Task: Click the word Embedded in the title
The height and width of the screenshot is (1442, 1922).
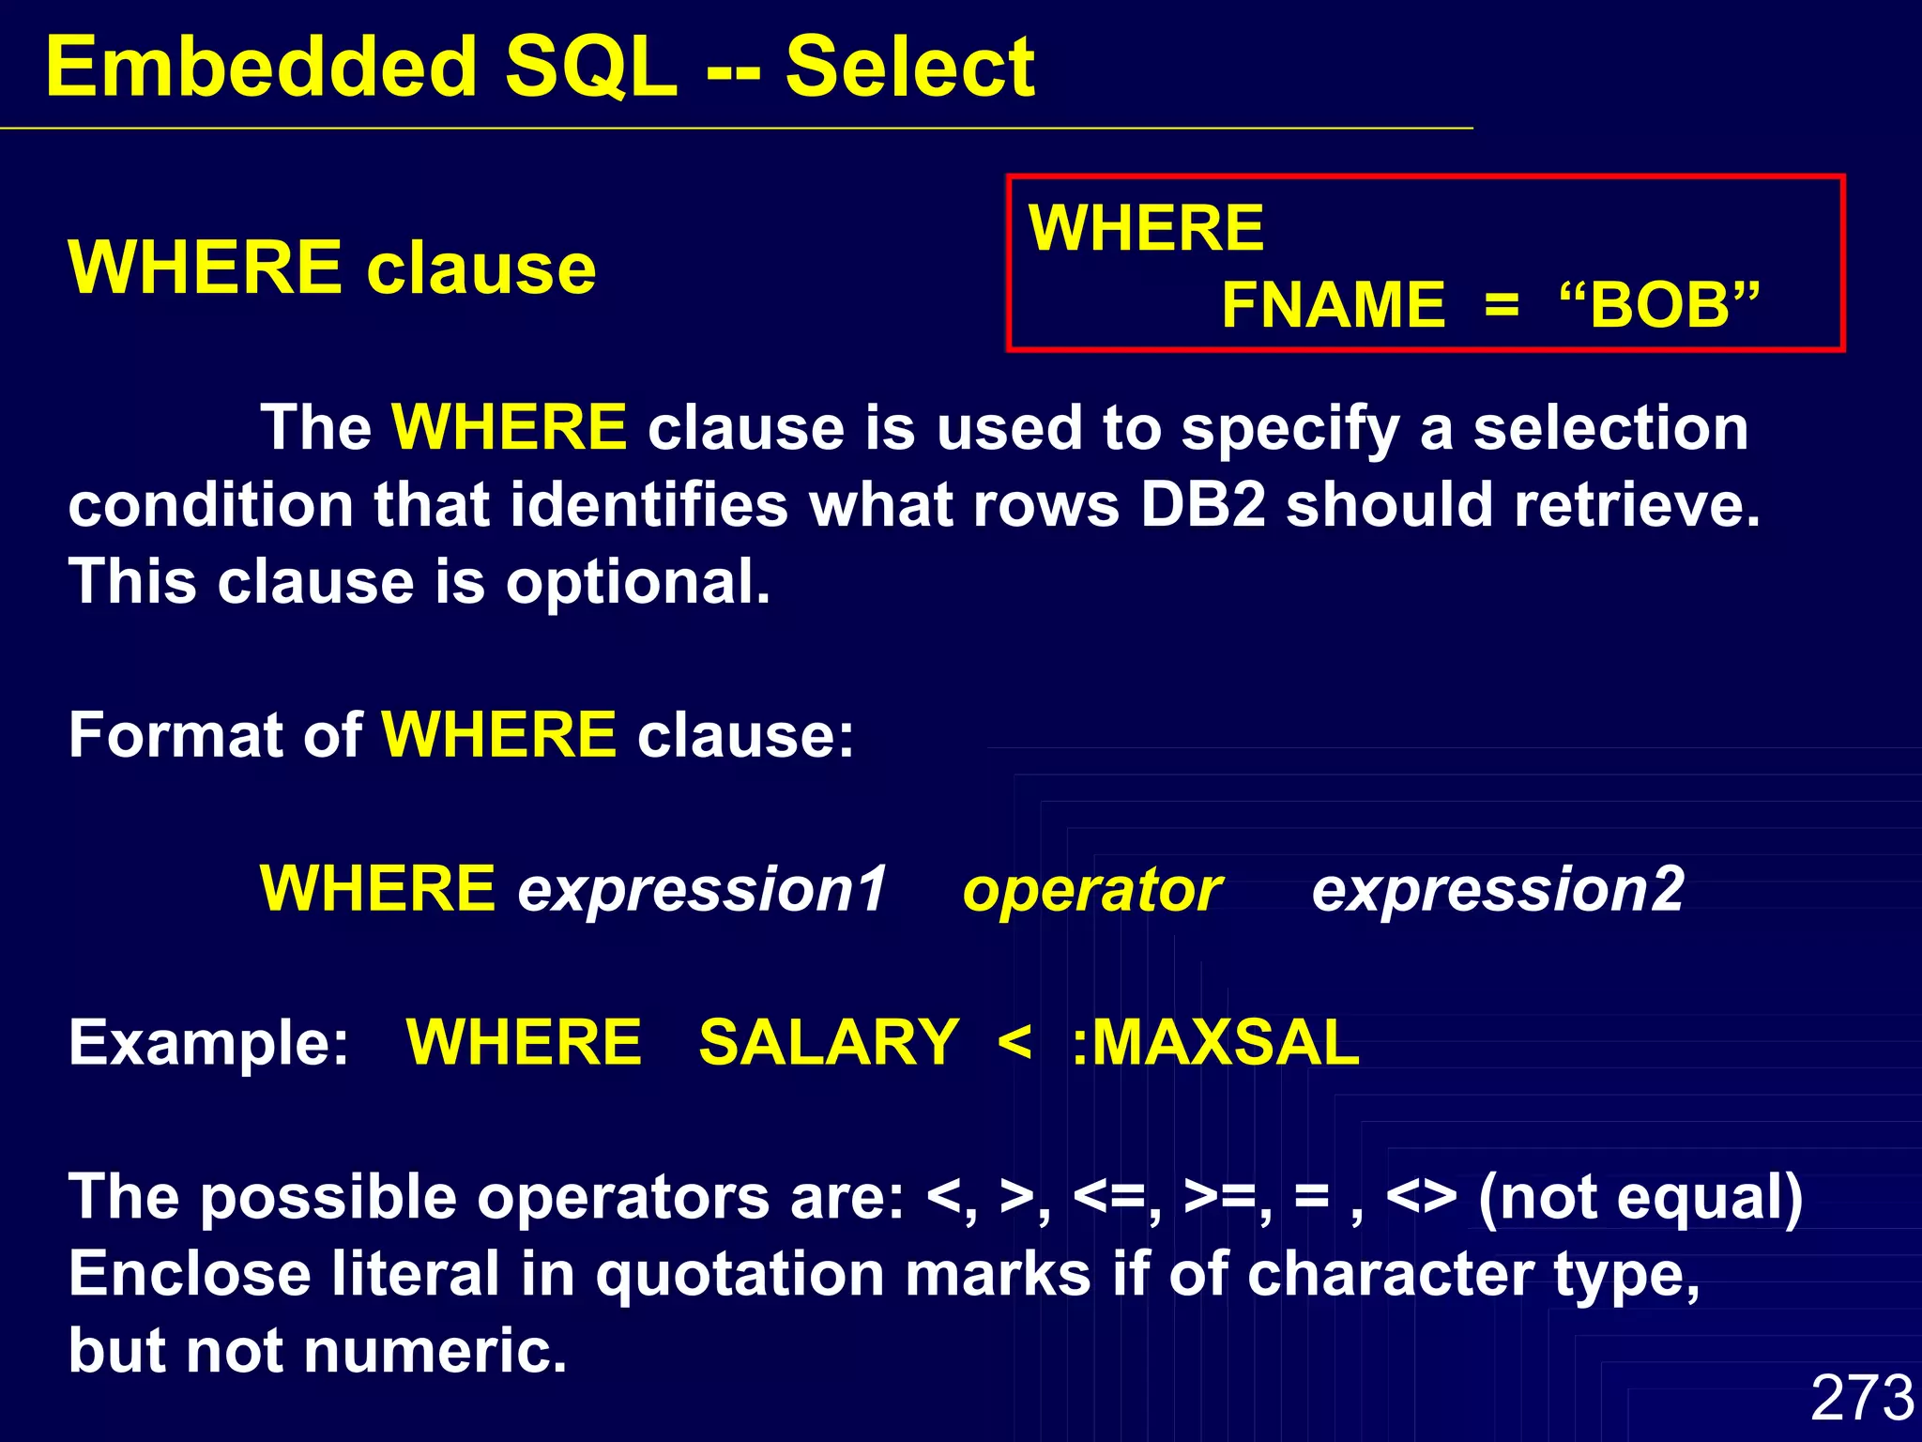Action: click(262, 68)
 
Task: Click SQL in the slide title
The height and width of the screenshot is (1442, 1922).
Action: click(590, 68)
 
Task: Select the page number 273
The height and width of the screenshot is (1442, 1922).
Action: click(1861, 1398)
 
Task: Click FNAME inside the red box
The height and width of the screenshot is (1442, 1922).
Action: click(1333, 305)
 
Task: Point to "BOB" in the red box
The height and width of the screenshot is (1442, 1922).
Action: click(1659, 305)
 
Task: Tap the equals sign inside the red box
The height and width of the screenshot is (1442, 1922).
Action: click(1502, 305)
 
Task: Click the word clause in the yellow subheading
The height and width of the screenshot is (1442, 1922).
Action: click(480, 268)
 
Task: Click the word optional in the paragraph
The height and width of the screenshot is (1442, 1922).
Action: click(637, 582)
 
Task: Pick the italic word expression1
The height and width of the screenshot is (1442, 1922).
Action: click(702, 889)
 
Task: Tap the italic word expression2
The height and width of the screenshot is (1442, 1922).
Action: click(1498, 889)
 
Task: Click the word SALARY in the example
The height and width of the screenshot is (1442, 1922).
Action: click(829, 1043)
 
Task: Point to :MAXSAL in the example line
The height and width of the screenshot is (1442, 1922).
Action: click(1215, 1043)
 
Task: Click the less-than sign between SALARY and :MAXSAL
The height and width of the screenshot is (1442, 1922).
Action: click(1014, 1043)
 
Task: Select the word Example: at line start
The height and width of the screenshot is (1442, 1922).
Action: click(208, 1043)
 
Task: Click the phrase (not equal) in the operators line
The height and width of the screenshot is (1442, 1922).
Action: click(1640, 1198)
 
